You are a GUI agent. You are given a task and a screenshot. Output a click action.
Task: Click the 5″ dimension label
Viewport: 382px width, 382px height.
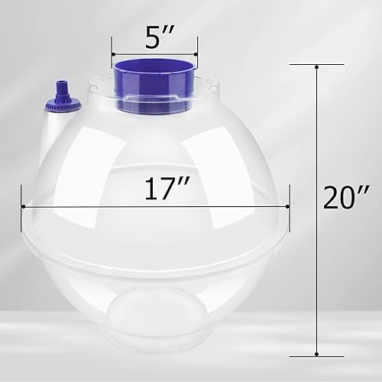(x=155, y=34)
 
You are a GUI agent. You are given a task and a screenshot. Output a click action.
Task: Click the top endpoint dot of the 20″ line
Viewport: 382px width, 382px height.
(x=316, y=67)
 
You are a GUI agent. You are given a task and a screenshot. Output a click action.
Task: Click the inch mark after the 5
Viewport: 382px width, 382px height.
(x=167, y=29)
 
